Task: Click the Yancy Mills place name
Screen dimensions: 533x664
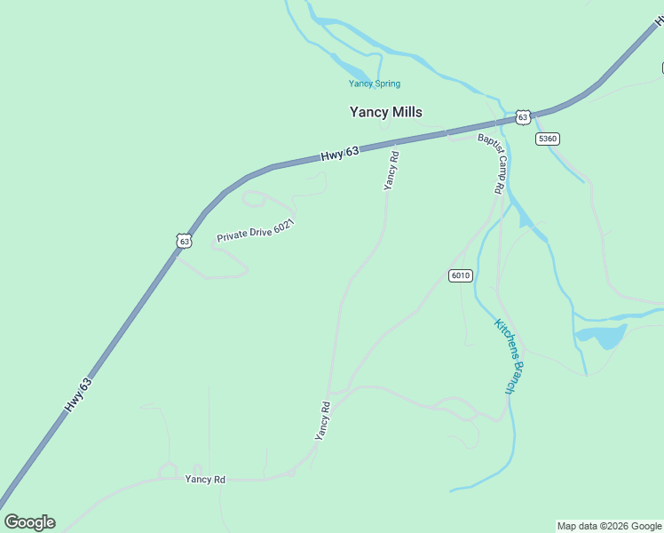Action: (x=385, y=112)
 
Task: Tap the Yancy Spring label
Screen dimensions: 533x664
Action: (x=374, y=84)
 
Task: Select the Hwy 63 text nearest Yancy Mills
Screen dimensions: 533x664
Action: (x=340, y=154)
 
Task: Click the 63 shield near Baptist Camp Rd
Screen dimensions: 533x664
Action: (x=523, y=117)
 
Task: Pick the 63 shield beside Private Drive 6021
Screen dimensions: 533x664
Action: (x=184, y=241)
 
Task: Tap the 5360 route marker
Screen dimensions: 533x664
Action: (x=548, y=139)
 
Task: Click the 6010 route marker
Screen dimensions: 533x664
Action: (x=460, y=275)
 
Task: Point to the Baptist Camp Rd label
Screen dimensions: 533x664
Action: (x=491, y=163)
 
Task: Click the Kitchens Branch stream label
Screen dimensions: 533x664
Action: (x=511, y=356)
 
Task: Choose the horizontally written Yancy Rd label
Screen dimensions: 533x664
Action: (x=205, y=480)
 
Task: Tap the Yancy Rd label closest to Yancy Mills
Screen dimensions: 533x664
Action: (x=391, y=170)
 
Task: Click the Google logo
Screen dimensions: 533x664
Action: (x=29, y=522)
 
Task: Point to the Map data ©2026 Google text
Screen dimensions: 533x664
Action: (x=609, y=526)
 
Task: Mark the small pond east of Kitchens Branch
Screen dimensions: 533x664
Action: (x=600, y=336)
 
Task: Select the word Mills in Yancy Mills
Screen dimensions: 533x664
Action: (x=406, y=112)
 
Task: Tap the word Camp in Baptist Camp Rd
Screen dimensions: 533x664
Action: (x=492, y=163)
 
